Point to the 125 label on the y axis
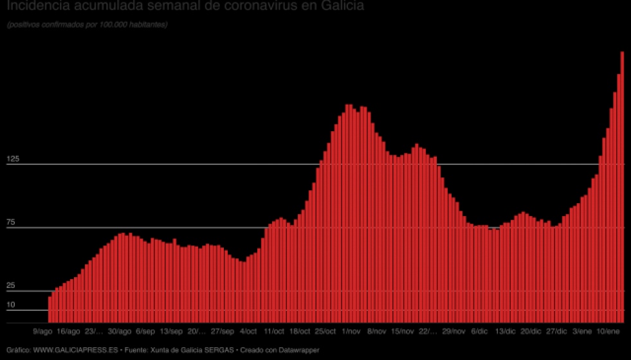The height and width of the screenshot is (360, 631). [13, 158]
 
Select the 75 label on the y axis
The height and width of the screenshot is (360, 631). [11, 222]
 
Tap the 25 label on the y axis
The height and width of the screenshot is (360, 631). [11, 285]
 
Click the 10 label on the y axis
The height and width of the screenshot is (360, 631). [11, 304]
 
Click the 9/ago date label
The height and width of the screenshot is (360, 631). [42, 331]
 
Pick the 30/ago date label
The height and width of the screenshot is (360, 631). [120, 331]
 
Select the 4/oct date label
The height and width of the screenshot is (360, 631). [248, 331]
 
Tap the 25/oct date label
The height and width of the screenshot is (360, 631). [325, 331]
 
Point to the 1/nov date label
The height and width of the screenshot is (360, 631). [351, 331]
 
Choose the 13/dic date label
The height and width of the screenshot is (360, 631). [506, 331]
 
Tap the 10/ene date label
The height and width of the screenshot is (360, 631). [608, 331]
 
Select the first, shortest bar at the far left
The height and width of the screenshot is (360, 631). [50, 309]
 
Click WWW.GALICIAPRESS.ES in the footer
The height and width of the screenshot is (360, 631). [75, 350]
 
